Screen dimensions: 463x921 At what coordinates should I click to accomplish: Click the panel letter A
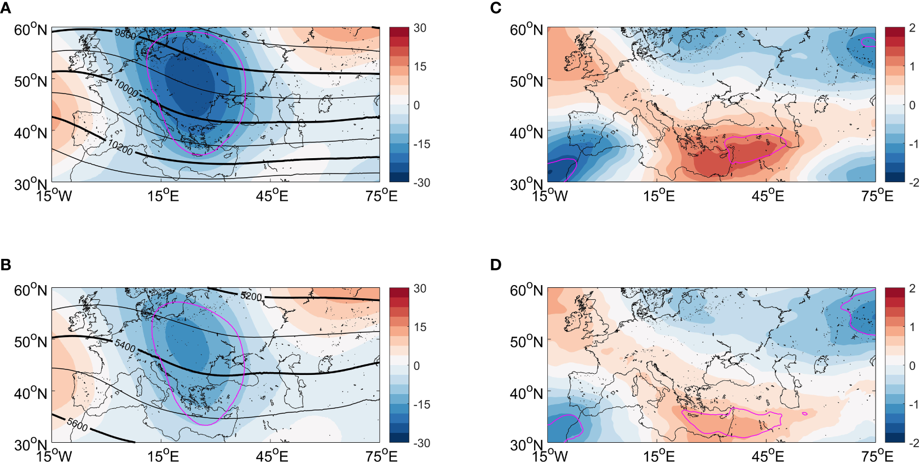5,8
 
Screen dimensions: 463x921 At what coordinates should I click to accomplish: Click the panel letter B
5,265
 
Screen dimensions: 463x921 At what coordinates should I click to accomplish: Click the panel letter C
496,8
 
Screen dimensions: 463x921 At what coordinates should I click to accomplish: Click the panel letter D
496,265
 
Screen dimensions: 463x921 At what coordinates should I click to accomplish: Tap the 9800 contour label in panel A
125,34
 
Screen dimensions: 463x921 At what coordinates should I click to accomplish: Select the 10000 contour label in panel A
126,88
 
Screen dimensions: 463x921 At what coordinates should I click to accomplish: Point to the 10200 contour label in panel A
120,147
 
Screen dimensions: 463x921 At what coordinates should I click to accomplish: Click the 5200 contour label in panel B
251,296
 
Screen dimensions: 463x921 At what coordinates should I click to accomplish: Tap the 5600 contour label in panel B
77,424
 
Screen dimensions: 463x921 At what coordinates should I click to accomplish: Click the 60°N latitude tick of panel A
31,30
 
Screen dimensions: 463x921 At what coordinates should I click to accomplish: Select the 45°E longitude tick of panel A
272,195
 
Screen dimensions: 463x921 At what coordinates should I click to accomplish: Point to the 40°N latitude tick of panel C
526,133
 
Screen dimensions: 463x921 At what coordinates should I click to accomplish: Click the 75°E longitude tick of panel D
877,456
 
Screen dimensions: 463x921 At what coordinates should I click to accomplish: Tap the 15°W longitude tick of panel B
54,456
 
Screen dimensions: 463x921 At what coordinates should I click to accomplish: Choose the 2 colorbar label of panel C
912,28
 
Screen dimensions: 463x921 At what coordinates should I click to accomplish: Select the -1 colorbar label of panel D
913,404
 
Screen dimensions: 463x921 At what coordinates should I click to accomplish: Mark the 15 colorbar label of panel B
420,327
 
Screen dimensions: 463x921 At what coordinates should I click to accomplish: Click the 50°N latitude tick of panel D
526,342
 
